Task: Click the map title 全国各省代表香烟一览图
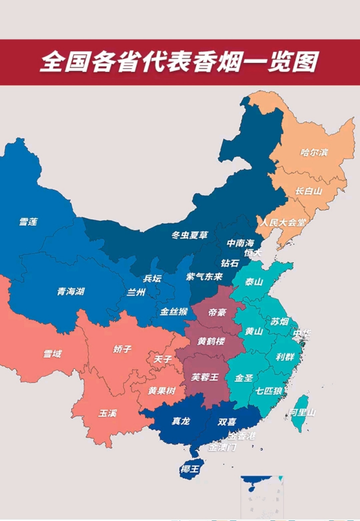click(179, 62)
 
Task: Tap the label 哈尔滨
click(314, 153)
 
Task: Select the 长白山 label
click(309, 191)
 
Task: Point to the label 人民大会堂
click(283, 222)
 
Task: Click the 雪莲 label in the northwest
click(28, 222)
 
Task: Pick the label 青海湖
click(71, 291)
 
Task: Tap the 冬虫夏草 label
click(190, 235)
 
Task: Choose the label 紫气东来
click(205, 277)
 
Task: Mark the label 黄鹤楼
click(211, 341)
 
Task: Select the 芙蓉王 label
click(205, 377)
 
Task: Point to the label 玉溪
click(107, 413)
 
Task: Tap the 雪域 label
click(52, 354)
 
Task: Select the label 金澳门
click(222, 447)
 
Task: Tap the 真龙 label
click(181, 421)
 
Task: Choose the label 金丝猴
click(174, 312)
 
